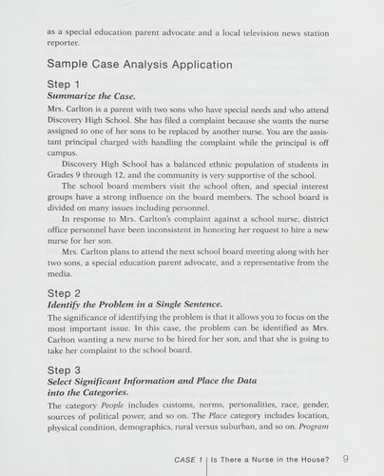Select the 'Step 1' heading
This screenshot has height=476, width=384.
pos(64,85)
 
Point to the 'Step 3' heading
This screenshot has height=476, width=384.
pos(64,368)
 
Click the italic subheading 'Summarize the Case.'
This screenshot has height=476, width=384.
pos(91,97)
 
